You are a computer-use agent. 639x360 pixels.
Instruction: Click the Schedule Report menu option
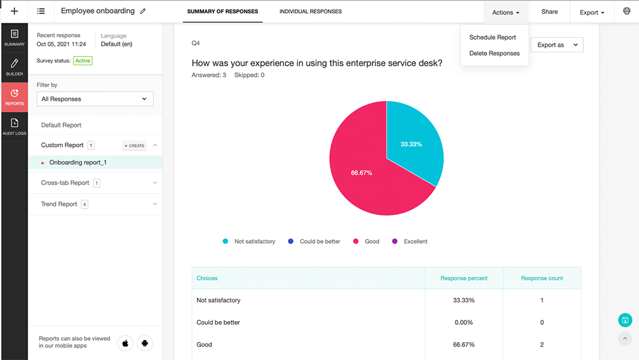pos(492,37)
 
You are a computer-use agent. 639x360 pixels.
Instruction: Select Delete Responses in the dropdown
pos(494,53)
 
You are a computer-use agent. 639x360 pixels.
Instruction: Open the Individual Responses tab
pos(311,12)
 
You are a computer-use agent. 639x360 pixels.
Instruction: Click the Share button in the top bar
pos(549,12)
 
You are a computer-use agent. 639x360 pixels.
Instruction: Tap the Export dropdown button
pos(592,12)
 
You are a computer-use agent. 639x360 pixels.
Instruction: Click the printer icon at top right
pos(626,12)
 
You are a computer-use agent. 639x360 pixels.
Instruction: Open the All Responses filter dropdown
pos(95,99)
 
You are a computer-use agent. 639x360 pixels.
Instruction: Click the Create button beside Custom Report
pos(134,146)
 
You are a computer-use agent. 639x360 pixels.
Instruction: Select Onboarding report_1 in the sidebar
pos(78,162)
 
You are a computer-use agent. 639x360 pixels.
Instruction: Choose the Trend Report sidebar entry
pos(59,204)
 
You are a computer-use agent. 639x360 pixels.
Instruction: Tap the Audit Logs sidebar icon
pos(14,127)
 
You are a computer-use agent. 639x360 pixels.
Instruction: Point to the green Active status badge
pos(82,61)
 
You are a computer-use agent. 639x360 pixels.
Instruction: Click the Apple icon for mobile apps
pos(126,343)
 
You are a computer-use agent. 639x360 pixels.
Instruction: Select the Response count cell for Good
pos(542,345)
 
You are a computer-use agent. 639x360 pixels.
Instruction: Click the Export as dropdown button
pos(557,45)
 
